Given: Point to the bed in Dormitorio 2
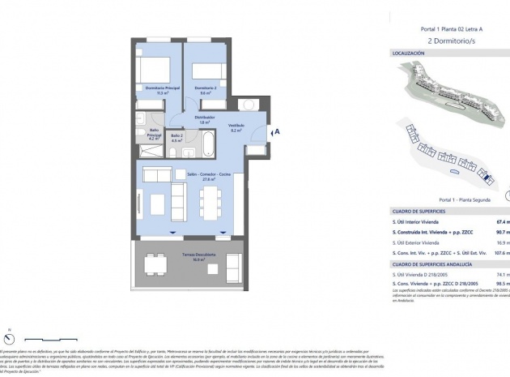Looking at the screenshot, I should tap(206, 70).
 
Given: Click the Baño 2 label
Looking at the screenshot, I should tap(176, 136).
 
